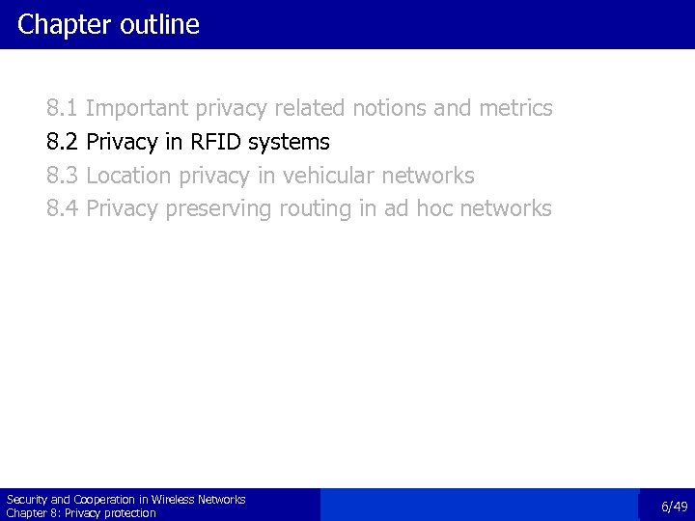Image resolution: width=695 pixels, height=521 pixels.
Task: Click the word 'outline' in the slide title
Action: point(160,24)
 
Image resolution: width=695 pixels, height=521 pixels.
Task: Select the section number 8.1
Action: point(63,108)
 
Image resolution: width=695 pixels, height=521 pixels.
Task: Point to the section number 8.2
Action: point(63,142)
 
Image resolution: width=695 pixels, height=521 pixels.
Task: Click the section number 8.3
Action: point(63,176)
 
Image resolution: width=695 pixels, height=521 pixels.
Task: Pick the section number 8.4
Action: point(63,208)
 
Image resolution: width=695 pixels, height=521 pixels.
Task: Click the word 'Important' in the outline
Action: point(140,108)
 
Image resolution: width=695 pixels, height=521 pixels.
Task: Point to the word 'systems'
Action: point(289,143)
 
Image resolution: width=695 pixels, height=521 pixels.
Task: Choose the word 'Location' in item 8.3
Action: point(127,176)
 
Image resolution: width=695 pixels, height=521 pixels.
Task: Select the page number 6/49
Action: point(674,507)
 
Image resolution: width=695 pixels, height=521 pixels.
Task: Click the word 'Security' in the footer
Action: point(26,500)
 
